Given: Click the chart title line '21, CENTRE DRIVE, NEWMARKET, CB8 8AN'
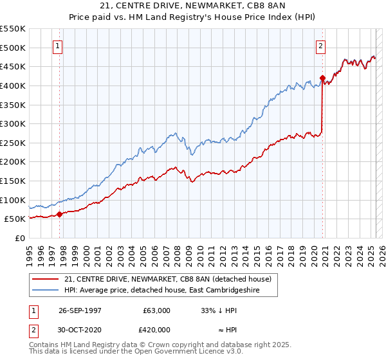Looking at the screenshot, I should click(193, 7).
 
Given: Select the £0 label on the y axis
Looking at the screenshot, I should click(20, 238).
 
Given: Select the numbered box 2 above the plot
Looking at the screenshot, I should click(320, 46).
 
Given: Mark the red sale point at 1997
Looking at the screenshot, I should click(60, 214).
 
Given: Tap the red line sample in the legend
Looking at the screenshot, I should click(45, 279).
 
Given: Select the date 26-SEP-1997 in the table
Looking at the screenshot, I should click(80, 310).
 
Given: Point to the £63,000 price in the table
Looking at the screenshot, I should click(156, 310).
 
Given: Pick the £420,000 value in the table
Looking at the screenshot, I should click(156, 330).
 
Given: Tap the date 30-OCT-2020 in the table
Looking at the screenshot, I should click(80, 330).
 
